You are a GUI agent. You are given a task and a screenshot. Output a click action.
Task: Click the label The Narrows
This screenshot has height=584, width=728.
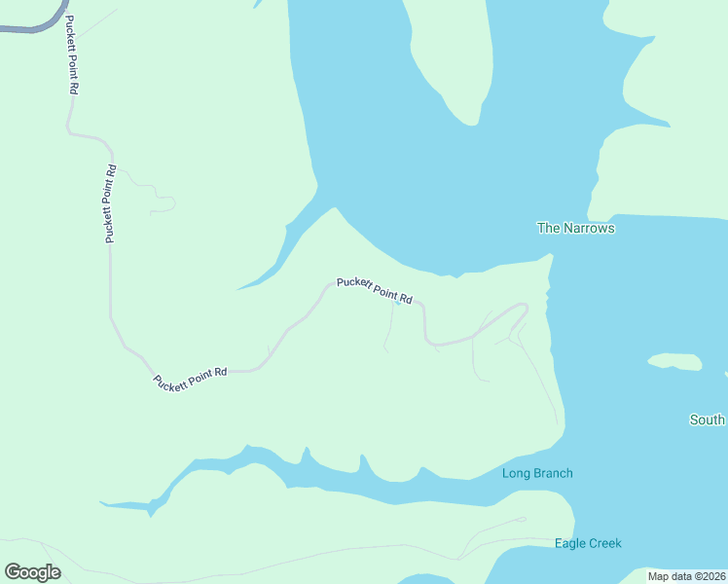[576, 228]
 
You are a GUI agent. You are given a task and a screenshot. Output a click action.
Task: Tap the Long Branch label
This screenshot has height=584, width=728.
[537, 474]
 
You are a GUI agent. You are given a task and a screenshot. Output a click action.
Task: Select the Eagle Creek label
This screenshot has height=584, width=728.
[588, 543]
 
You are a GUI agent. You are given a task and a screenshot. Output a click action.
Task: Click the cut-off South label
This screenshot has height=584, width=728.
[708, 420]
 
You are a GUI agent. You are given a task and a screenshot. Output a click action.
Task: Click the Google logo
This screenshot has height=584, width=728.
[32, 572]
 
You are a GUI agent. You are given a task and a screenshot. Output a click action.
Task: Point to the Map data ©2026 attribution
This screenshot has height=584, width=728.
[685, 576]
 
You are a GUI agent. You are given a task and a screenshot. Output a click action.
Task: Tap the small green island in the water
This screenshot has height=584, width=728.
[675, 362]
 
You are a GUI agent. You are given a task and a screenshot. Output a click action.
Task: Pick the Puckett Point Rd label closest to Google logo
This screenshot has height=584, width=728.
[190, 378]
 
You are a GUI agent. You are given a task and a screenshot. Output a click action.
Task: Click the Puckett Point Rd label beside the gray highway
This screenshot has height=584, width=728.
[72, 54]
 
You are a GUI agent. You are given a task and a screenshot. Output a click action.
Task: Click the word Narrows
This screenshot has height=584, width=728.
[589, 228]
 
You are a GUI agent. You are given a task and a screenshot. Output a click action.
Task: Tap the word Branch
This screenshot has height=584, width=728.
[552, 474]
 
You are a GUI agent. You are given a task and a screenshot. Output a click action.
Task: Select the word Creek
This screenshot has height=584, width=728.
[605, 543]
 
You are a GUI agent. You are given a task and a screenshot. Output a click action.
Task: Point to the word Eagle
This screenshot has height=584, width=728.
[570, 543]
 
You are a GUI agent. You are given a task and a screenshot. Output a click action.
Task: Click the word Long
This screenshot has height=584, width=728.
[516, 474]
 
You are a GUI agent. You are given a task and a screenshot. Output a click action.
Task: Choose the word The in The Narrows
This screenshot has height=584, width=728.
[548, 228]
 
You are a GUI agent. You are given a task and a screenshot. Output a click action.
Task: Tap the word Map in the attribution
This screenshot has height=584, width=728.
[659, 576]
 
